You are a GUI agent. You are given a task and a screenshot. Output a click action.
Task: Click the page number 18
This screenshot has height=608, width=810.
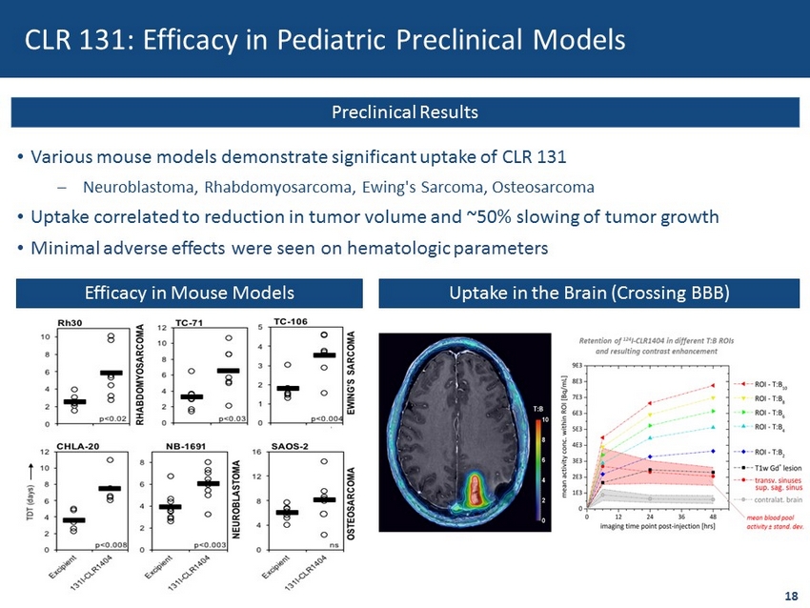(790, 596)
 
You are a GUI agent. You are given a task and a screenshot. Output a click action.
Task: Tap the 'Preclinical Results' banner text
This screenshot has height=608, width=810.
(405, 112)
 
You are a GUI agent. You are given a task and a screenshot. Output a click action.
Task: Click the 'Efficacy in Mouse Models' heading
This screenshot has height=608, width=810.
(188, 292)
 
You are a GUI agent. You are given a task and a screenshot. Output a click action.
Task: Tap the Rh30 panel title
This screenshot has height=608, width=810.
(69, 323)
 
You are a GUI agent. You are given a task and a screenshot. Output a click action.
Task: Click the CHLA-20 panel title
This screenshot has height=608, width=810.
(74, 445)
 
